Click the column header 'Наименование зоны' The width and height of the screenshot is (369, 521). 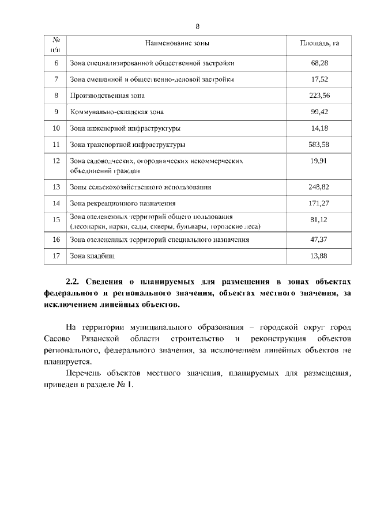click(178, 44)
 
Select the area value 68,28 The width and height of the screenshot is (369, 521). click(319, 62)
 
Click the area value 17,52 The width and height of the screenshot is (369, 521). click(319, 79)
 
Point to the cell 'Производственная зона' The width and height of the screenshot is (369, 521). click(107, 96)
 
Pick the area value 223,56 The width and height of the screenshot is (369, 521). click(319, 96)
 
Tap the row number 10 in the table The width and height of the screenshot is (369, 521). click(57, 128)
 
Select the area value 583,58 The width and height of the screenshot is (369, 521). click(319, 144)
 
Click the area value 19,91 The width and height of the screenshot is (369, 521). click(319, 161)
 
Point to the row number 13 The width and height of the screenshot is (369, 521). click(57, 187)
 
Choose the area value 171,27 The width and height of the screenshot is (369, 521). click(319, 203)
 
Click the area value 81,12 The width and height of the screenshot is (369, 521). click(319, 220)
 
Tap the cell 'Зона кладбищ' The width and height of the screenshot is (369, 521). click(91, 256)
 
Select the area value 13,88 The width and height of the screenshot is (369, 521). click(319, 256)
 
